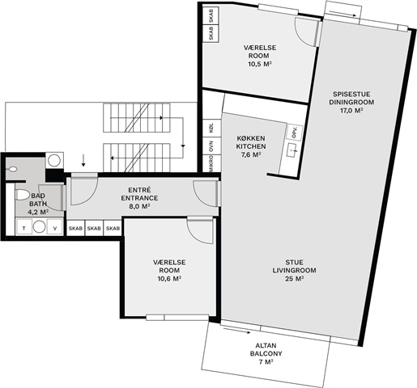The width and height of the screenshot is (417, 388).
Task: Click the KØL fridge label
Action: tap(211, 128)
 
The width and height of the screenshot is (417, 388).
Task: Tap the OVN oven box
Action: tap(212, 146)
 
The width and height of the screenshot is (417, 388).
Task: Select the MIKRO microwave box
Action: tap(212, 164)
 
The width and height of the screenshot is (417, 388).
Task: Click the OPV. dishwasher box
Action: tap(295, 133)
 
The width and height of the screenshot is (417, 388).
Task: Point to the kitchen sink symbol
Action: tap(292, 150)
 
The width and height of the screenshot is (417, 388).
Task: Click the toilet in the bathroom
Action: tap(22, 195)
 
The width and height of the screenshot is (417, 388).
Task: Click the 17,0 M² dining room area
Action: tap(351, 111)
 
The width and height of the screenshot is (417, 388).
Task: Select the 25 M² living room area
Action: tap(294, 279)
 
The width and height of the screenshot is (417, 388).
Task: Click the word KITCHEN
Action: tap(251, 146)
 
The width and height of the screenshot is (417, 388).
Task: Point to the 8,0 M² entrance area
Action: tap(139, 206)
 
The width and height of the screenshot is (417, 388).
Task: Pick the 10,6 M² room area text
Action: tap(169, 279)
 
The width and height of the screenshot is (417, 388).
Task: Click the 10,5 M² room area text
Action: tap(260, 64)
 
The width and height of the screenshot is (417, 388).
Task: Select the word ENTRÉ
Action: tap(139, 190)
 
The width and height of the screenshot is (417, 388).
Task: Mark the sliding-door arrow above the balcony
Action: tap(236, 331)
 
